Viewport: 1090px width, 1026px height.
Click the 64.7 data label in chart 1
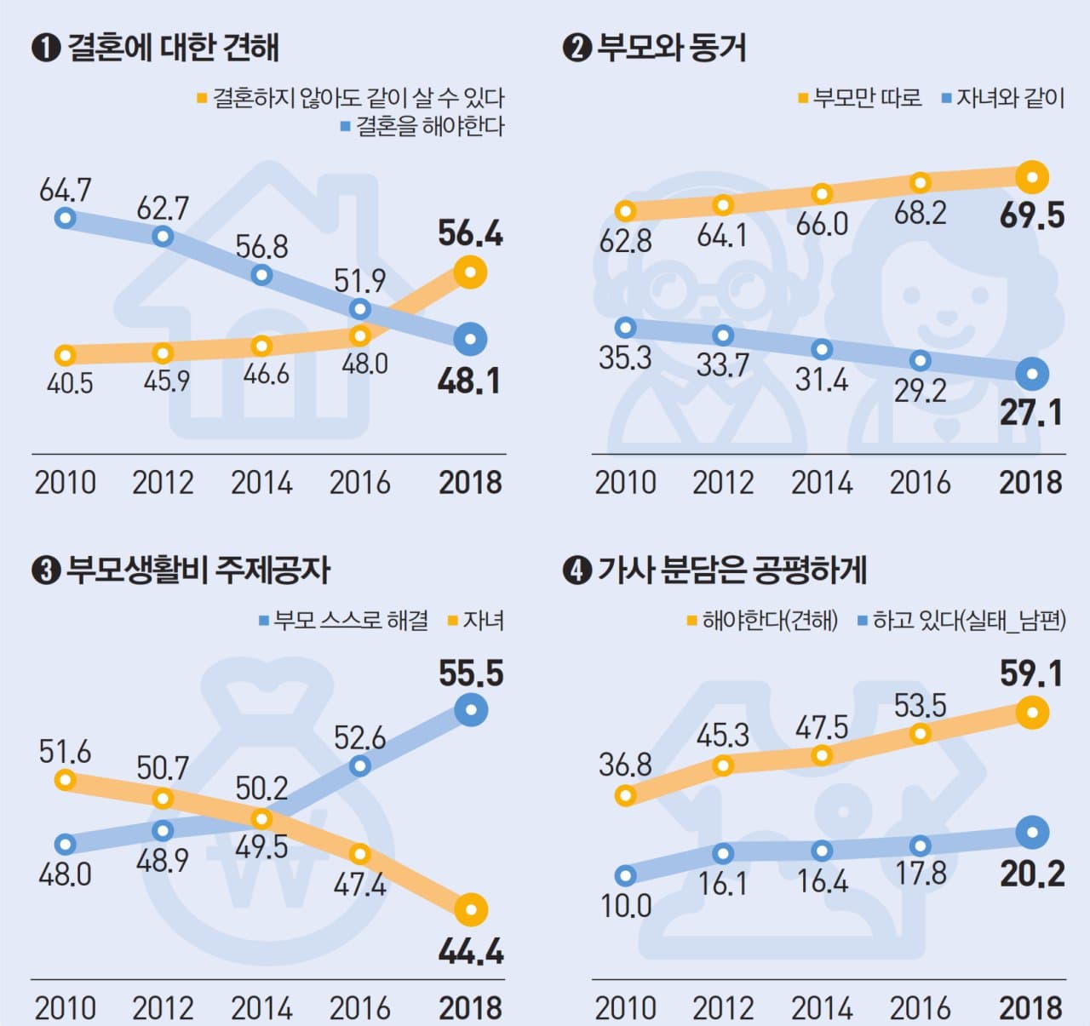pos(66,190)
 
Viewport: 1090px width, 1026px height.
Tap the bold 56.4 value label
pos(470,233)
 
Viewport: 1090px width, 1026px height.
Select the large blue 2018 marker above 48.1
pos(470,339)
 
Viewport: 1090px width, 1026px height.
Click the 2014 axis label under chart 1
pos(261,483)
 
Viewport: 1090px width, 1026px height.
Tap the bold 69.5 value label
pos(1032,215)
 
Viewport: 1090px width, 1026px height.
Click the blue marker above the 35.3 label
pos(626,327)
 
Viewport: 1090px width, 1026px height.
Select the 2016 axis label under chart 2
pos(920,483)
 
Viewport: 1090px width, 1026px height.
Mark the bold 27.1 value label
pos(1031,413)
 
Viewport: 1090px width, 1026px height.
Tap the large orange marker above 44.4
pos(471,909)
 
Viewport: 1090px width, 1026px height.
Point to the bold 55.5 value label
pos(471,673)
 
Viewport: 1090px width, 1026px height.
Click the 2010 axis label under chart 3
pos(66,1008)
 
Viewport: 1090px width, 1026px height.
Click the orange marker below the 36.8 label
pos(626,796)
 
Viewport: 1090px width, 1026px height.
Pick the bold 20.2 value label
pos(1032,874)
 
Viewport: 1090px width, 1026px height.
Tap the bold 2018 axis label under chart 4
pos(1030,1008)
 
